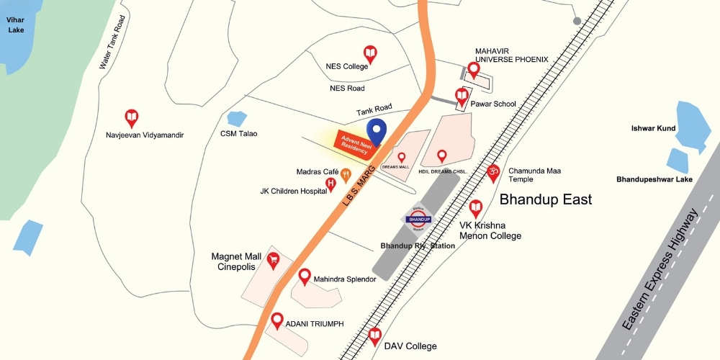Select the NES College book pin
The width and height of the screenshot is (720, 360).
[370, 53]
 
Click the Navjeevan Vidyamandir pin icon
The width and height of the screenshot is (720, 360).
[131, 117]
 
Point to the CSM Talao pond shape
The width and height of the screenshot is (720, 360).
[236, 118]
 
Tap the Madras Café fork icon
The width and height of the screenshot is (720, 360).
[346, 174]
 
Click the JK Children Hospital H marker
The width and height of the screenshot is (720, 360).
[331, 184]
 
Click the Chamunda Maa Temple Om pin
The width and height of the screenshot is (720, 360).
[494, 172]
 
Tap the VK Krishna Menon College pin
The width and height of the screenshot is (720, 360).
[475, 209]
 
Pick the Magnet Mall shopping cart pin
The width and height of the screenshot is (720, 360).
[273, 260]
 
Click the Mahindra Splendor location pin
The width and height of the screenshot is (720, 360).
[305, 276]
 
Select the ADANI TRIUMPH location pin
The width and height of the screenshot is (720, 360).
[277, 320]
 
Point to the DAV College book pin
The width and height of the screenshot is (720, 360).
[374, 335]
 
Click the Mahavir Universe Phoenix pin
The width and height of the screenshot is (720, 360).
[473, 69]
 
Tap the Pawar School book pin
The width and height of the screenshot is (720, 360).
[462, 95]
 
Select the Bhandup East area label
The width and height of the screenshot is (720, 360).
[545, 199]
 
